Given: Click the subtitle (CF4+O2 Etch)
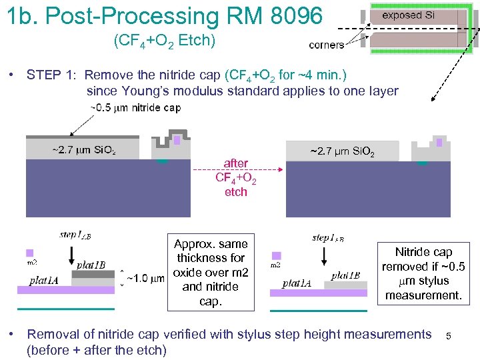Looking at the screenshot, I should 164,41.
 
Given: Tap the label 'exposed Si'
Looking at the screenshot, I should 407,15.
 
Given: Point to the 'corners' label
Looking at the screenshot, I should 327,45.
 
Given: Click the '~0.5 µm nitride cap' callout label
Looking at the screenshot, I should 135,107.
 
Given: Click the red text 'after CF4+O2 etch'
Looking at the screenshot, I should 236,177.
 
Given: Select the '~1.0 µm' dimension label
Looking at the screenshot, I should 144,278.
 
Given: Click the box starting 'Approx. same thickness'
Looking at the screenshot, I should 211,272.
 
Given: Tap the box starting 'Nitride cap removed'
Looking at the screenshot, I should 423,273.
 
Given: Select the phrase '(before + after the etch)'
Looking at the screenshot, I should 96,350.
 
